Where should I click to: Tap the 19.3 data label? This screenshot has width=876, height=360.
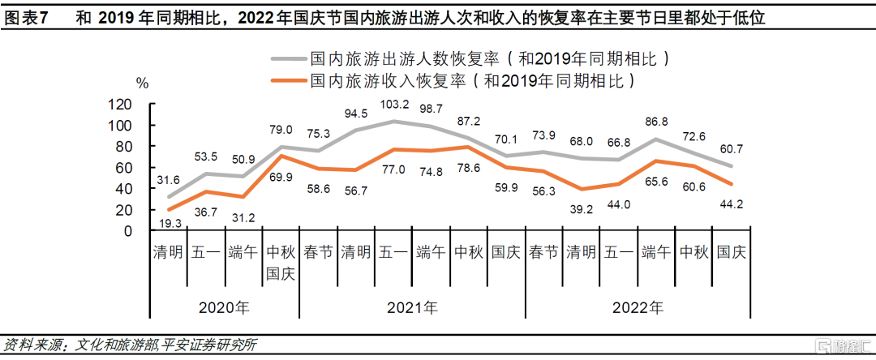[168, 221]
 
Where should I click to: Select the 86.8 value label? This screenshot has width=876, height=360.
[654, 122]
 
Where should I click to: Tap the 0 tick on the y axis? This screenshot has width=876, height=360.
[127, 231]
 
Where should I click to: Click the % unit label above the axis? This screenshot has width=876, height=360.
[142, 82]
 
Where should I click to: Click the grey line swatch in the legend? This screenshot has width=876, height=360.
[287, 58]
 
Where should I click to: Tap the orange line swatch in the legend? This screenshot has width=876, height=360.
[287, 80]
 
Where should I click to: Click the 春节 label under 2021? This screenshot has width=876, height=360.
[318, 251]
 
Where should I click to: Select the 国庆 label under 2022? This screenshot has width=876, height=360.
[732, 251]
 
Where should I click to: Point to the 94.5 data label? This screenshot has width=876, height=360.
[356, 114]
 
